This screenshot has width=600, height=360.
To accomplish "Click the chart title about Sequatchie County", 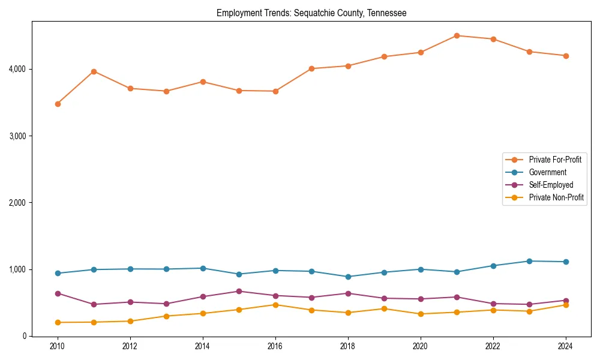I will pos(311,13).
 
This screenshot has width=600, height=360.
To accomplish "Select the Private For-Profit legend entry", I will pos(555,160).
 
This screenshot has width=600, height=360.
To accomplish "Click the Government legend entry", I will pos(547,172).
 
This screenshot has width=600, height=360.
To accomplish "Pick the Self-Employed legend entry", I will pos(551,185).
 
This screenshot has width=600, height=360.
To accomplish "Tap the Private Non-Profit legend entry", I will pos(556,197).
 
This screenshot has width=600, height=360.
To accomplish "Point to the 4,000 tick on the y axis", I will pos(17,70).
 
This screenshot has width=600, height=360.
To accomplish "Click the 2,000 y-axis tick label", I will pos(17,203).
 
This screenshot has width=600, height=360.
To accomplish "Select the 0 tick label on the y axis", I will pos(24,336).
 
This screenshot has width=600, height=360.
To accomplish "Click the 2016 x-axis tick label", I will pos(275,346).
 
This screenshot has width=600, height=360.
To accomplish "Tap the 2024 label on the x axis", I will pos(565,346).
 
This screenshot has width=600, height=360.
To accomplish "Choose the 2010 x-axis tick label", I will pos(58,346).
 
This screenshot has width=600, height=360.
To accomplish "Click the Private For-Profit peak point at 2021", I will pos(457,35).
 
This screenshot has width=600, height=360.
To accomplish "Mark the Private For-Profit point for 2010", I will pos(58,104).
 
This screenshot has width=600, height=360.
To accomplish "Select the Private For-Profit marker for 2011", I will pos(94,71).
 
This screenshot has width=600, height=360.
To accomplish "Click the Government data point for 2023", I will pos(529,261).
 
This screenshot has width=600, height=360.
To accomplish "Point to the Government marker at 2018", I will pos(348,277).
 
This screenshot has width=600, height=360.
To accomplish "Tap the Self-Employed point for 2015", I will pos(239,291).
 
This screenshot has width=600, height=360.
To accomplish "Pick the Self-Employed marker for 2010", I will pos(58,293).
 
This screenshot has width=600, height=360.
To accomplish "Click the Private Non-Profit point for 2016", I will pos(275,305).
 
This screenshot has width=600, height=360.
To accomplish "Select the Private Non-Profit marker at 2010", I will pos(58,322).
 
